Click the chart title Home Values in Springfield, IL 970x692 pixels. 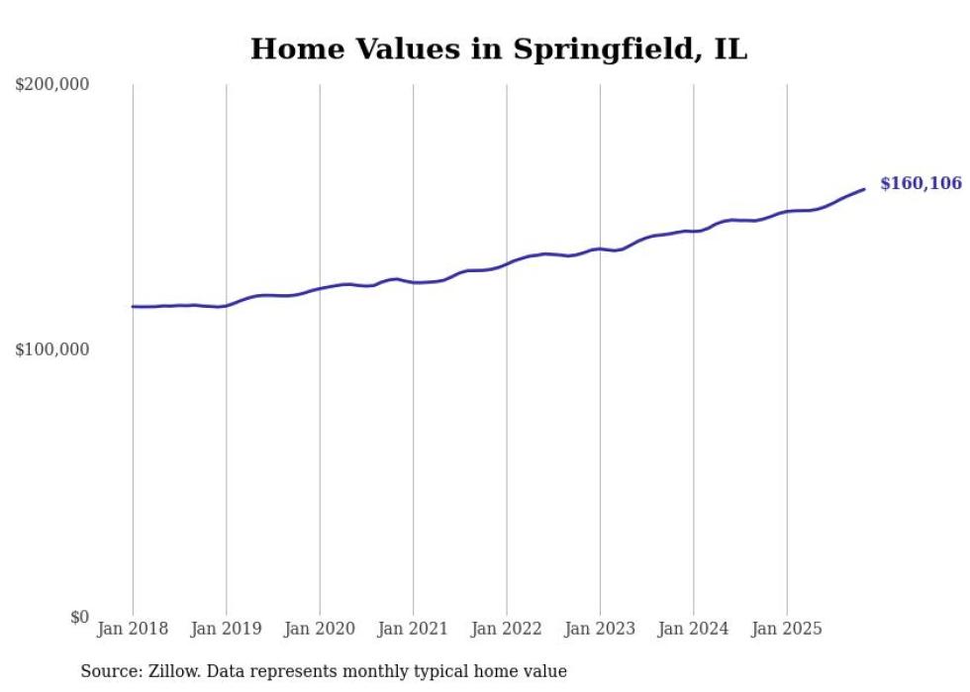[x=498, y=49]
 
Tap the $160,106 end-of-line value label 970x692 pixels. [x=921, y=183]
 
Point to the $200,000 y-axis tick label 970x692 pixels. [x=52, y=84]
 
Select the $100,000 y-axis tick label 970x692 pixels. [x=52, y=349]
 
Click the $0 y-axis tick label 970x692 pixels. [x=79, y=617]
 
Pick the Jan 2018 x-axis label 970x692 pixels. [x=133, y=629]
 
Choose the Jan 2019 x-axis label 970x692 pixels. [x=227, y=629]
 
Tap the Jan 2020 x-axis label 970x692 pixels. [x=320, y=629]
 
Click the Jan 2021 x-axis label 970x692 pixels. [x=414, y=629]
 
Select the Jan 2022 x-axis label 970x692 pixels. [x=507, y=629]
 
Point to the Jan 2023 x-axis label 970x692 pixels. [x=600, y=629]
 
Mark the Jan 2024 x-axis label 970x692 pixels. [x=694, y=629]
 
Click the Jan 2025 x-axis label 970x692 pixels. [x=787, y=629]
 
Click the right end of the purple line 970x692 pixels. [x=864, y=189]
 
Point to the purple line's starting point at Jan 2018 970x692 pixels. [x=134, y=307]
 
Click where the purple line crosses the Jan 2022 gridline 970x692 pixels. [x=507, y=263]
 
